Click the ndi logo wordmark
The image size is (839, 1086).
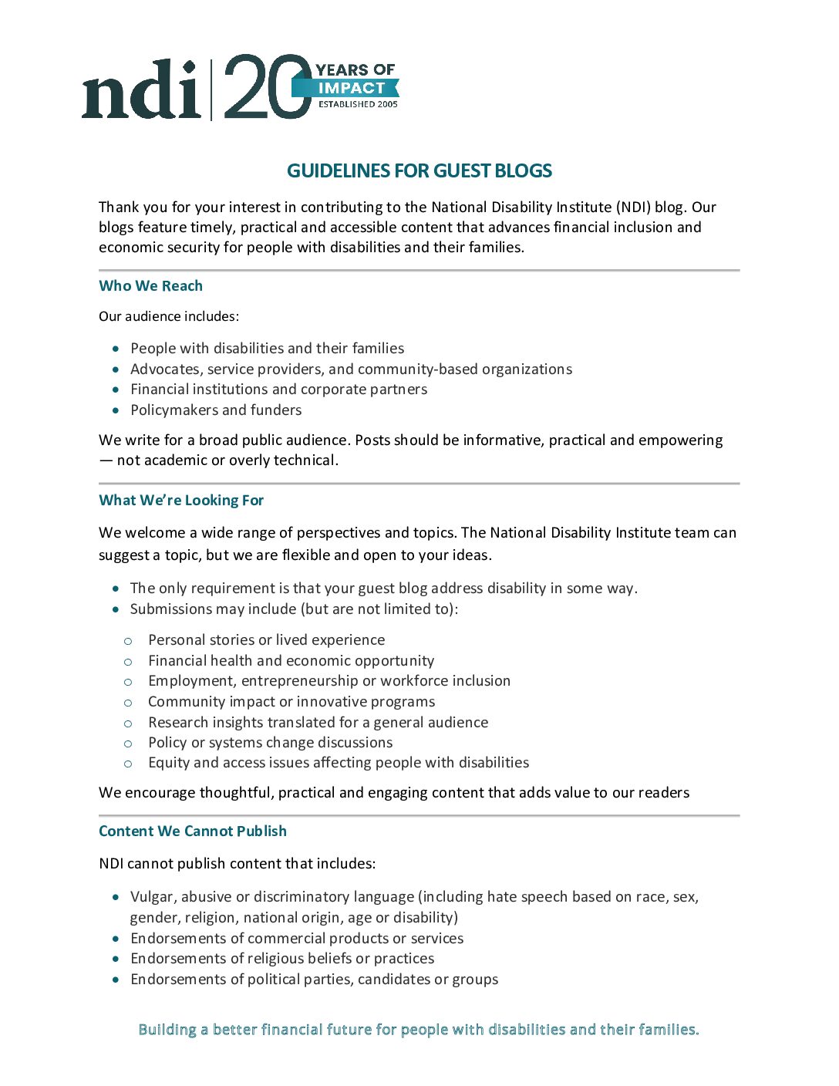[x=142, y=90]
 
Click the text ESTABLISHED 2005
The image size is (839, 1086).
[x=358, y=104]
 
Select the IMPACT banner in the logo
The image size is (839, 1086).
[x=351, y=88]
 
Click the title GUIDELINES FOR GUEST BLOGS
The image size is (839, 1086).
[x=419, y=170]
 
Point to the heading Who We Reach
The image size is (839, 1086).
[x=150, y=285]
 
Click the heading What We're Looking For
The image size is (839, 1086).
[x=181, y=500]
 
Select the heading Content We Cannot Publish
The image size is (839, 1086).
[x=193, y=831]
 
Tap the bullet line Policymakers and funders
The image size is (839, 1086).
[x=216, y=410]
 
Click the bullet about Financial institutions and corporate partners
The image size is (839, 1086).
[x=278, y=389]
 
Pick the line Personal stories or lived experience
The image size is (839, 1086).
[x=266, y=639]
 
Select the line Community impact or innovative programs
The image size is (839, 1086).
[x=291, y=701]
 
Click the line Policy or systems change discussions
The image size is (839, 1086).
[x=270, y=742]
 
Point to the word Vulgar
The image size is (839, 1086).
[x=152, y=896]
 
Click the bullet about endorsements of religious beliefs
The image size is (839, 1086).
[x=282, y=958]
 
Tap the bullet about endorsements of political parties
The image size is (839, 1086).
[x=314, y=979]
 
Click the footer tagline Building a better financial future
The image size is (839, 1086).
[x=419, y=1029]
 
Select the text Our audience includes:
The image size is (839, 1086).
[x=169, y=316]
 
